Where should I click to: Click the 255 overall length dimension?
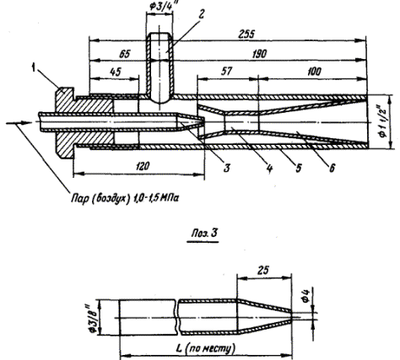pos(246,35)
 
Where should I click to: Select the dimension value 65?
pos(125,54)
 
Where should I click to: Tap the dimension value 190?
pos(259,54)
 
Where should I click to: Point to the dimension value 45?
pos(116,72)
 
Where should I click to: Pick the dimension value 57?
pos(226,72)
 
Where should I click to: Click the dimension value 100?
pos(313,72)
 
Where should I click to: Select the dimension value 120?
pos(142,166)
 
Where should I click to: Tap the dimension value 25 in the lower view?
pos(262,270)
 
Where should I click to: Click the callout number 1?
pos(34,68)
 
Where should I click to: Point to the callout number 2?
pos(201,14)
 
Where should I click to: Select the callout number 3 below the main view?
pos(227,168)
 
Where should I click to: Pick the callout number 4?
pos(269,169)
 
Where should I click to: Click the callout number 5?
pos(299,168)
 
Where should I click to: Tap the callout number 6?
pos(332,168)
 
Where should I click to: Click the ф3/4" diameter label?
pos(161,6)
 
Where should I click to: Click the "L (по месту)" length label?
pos(205,348)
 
